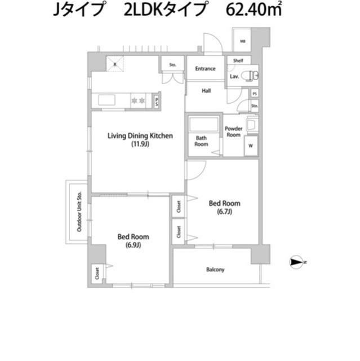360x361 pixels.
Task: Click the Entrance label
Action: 205,69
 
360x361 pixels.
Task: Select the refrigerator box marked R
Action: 115,63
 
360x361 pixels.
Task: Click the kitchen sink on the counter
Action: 107,100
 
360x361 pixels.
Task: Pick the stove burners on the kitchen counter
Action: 138,100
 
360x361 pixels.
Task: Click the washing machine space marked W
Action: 251,146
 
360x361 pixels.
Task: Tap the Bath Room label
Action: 202,141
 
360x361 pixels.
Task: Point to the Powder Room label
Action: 233,131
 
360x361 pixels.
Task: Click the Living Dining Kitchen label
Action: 140,136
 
